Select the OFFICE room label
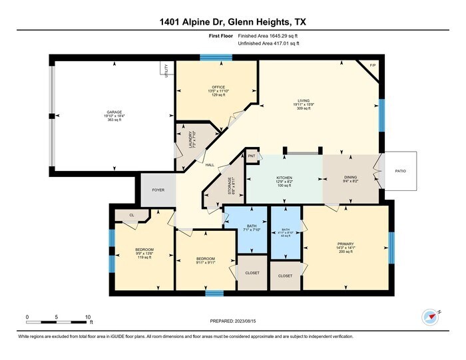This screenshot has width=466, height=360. pos(216,86)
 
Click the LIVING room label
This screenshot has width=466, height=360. pos(304,100)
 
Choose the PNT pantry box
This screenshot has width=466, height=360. pos(252,156)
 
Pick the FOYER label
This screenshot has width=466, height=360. pos(158,190)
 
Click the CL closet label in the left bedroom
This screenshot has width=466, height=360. pos(132,215)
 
